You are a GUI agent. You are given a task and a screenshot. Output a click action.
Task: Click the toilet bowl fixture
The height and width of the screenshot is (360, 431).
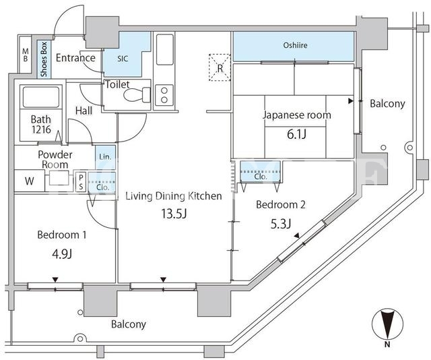tap(137, 95)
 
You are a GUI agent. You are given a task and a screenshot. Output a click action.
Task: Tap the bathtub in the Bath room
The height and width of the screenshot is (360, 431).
tap(41, 97)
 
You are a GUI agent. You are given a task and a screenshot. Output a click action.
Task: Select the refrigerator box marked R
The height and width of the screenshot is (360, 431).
tap(220, 67)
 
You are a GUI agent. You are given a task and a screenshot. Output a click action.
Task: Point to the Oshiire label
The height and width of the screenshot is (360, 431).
tap(295, 45)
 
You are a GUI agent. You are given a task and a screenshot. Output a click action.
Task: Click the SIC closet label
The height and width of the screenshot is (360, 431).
tap(123, 59)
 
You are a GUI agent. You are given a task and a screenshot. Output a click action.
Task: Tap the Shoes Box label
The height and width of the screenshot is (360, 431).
tap(44, 59)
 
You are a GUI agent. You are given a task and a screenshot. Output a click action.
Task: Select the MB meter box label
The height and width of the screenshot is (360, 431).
tap(26, 55)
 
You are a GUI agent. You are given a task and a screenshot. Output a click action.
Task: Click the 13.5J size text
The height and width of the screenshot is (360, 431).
tap(174, 214)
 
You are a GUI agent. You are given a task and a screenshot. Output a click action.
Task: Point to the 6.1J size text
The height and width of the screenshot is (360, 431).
tap(296, 134)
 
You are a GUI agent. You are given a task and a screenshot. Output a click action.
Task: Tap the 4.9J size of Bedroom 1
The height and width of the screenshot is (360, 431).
tap(62, 254)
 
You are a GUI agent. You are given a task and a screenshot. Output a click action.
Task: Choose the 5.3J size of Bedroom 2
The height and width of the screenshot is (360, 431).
tap(281, 224)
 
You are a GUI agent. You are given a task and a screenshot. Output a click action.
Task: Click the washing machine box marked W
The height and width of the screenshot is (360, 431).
tap(30, 181)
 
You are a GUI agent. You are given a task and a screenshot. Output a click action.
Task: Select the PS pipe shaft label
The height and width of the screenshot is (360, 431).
tap(81, 182)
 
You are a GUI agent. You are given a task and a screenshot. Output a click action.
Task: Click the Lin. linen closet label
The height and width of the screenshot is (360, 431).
tap(106, 157)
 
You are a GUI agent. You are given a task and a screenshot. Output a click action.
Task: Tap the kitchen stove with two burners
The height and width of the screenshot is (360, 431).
tap(164, 95)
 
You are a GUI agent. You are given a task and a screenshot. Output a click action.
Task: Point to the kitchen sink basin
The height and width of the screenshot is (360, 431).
tap(165, 49)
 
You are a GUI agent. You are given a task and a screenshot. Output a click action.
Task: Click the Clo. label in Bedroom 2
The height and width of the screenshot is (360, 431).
tap(261, 177)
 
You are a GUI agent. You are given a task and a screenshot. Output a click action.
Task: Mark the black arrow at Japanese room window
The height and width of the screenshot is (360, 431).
tap(350, 101)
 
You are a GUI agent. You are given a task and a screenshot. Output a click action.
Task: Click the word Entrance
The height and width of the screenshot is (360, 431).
tap(75, 58)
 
